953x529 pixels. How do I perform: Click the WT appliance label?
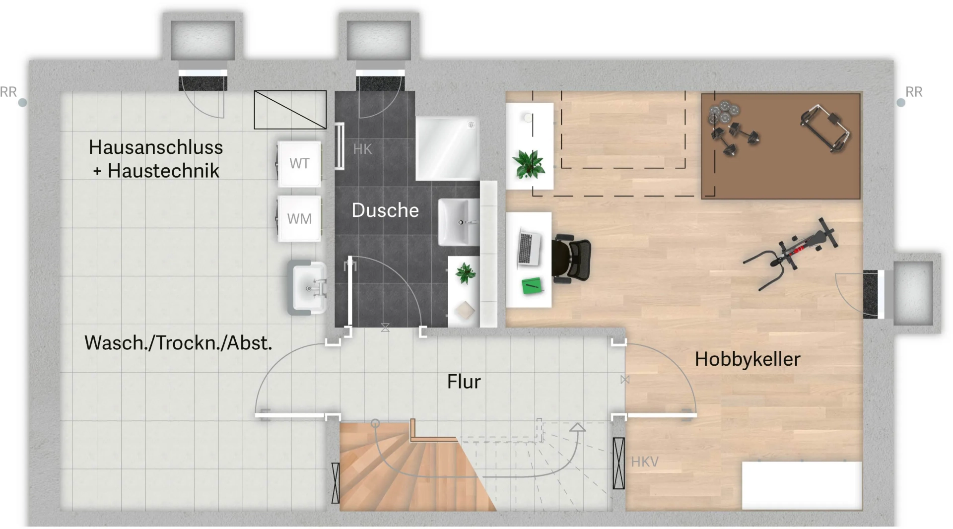(x=299, y=164)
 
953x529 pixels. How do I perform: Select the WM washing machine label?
(x=299, y=219)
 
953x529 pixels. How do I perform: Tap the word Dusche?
(x=385, y=210)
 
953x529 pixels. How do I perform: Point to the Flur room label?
(x=464, y=382)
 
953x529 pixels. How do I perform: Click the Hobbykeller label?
(x=748, y=359)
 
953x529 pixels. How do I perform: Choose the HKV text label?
(x=645, y=462)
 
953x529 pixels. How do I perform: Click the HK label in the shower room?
(x=362, y=149)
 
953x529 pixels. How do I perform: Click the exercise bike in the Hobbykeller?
(x=791, y=253)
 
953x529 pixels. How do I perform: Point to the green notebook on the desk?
(x=532, y=285)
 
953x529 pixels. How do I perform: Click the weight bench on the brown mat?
(x=824, y=128)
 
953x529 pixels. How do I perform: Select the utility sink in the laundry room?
(x=308, y=288)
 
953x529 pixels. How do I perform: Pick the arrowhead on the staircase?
(x=577, y=427)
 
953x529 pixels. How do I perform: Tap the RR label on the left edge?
(x=8, y=92)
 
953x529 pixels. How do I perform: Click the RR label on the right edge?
(x=914, y=92)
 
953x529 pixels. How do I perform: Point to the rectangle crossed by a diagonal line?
(x=290, y=110)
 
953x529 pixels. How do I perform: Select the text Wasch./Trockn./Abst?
(x=178, y=343)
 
